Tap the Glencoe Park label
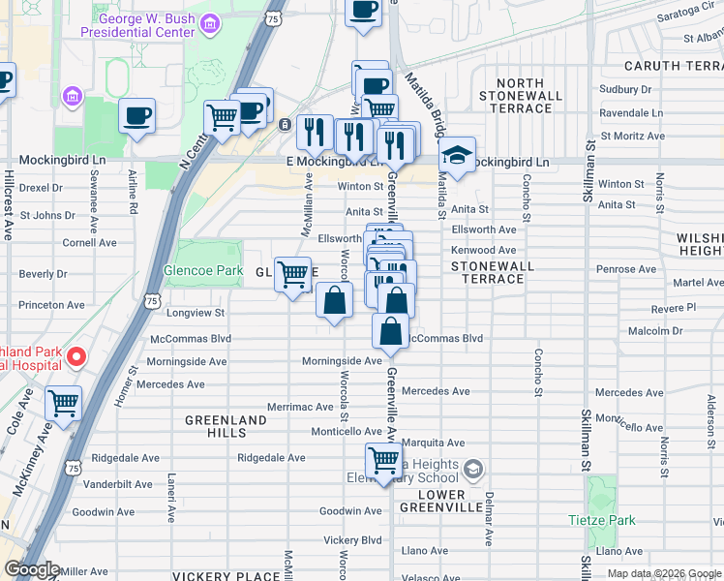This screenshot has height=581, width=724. (x=202, y=271)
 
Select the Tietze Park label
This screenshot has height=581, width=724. (x=602, y=520)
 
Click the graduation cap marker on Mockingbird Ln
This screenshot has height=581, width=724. (x=456, y=155)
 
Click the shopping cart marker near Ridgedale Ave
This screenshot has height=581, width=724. (x=383, y=461)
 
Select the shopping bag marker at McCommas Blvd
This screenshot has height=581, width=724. (x=390, y=333)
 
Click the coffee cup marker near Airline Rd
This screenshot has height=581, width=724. (x=136, y=116)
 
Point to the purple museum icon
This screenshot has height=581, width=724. (x=72, y=97)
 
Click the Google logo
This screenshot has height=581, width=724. (x=32, y=570)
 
